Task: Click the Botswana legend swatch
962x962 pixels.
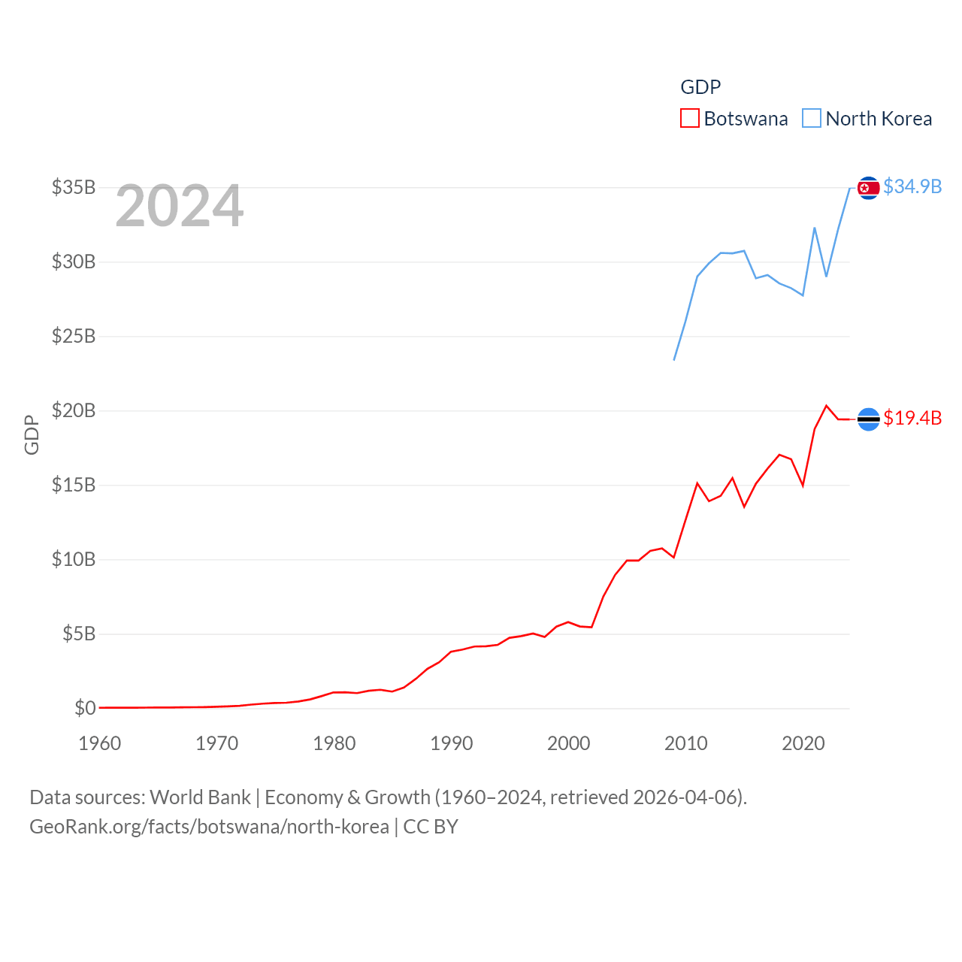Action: point(689,119)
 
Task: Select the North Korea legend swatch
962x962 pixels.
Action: point(812,119)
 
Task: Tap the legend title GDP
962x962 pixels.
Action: point(700,87)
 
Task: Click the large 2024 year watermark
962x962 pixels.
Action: point(179,206)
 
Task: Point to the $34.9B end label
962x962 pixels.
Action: point(912,186)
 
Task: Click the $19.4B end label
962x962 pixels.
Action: point(912,418)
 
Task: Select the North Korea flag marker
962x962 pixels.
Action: point(868,188)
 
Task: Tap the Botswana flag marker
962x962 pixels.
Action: point(868,419)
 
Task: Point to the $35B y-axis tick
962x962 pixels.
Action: point(74,187)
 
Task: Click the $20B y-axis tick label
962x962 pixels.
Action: point(74,410)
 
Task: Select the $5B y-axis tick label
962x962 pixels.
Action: point(79,634)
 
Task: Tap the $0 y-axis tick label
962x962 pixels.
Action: point(85,708)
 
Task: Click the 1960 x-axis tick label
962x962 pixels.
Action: point(100,743)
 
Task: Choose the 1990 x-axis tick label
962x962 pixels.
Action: point(452,743)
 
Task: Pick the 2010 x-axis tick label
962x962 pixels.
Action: point(686,743)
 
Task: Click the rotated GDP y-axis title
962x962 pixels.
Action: point(32,434)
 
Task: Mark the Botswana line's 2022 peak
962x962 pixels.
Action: point(827,406)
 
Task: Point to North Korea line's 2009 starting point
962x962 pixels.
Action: point(674,360)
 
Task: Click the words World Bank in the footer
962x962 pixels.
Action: point(200,797)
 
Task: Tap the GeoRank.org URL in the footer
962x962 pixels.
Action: point(209,827)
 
